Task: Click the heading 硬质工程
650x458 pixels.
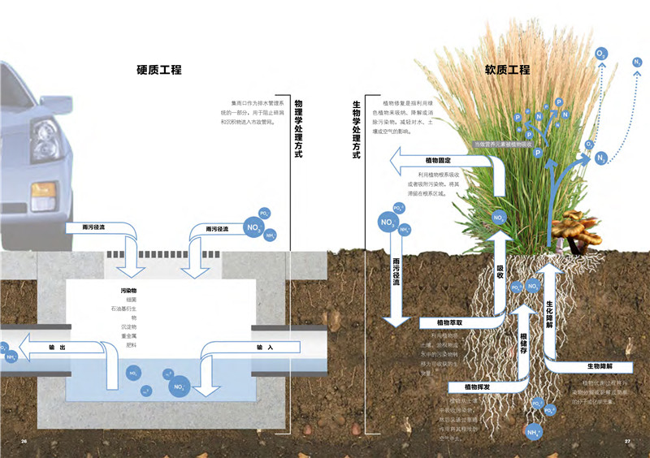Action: click(x=158, y=70)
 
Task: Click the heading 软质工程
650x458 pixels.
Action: click(x=507, y=70)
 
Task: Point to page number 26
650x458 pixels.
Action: click(x=24, y=441)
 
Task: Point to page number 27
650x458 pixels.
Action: click(x=627, y=441)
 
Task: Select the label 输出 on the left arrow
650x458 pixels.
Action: click(x=57, y=348)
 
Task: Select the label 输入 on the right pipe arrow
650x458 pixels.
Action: click(x=265, y=348)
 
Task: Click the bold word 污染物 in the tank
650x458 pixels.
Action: click(x=128, y=290)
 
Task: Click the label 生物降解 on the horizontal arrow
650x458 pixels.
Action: click(x=598, y=367)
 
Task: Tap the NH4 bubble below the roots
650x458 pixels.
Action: click(x=534, y=432)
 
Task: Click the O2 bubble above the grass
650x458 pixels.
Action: click(x=601, y=54)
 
